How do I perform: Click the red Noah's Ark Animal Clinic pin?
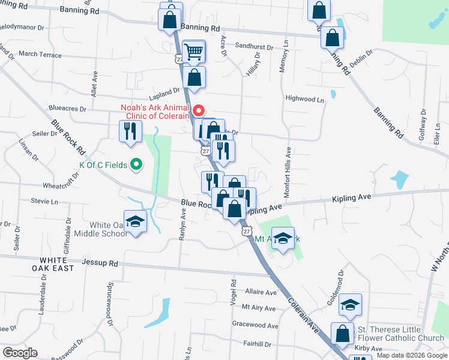(199, 111)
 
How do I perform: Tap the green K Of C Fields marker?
(136, 164)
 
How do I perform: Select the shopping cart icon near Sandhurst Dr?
(193, 52)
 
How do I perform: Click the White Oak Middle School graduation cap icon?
(136, 222)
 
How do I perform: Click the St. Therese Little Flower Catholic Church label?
(400, 334)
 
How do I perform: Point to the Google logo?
(20, 353)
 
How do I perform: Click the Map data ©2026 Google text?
(412, 356)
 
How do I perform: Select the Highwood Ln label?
(304, 98)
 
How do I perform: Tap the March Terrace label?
(40, 55)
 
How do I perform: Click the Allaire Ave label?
(261, 293)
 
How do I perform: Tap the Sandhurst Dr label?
(254, 46)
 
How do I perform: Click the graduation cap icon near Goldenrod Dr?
(350, 306)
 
